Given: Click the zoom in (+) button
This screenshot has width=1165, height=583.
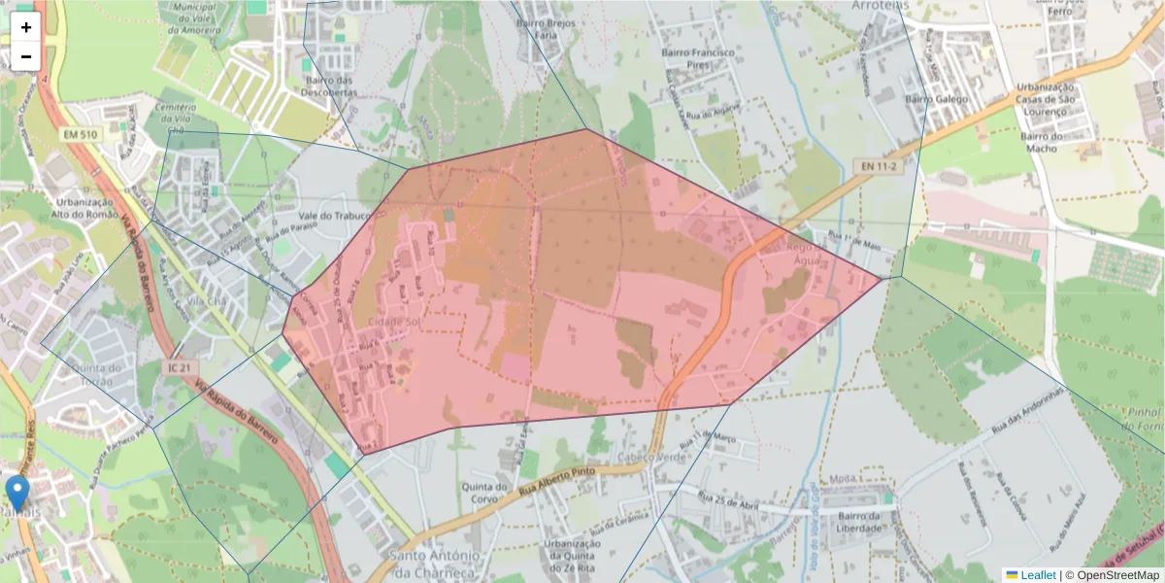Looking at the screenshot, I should click(26, 27).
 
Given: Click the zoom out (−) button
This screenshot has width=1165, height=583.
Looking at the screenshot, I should click(26, 56).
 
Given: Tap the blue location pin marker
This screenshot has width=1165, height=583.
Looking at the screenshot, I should click(17, 493).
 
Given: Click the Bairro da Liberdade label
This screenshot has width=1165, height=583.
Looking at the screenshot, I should click(860, 522).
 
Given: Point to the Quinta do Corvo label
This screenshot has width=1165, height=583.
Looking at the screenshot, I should click(486, 494).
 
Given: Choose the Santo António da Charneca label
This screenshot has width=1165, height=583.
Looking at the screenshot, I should click(434, 563).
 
